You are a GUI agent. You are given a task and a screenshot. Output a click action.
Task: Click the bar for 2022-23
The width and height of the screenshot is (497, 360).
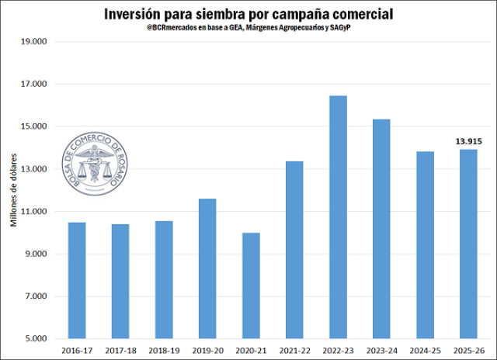[338, 217]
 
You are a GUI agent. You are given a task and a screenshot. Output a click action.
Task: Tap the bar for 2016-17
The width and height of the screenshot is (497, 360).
[77, 280]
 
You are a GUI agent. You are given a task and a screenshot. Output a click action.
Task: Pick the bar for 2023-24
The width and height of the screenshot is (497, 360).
[381, 229]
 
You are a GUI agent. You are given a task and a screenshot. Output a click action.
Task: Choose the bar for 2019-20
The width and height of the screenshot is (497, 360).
[207, 268]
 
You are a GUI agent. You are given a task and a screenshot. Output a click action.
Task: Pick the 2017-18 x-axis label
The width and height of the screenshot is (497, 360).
[120, 351]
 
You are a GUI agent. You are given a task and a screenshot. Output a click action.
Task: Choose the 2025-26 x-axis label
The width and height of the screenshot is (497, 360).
[468, 351]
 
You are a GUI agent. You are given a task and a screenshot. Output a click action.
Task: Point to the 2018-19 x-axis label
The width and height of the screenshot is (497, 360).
[164, 351]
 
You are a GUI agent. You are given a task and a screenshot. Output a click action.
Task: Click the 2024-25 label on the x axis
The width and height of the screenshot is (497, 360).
[425, 351]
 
